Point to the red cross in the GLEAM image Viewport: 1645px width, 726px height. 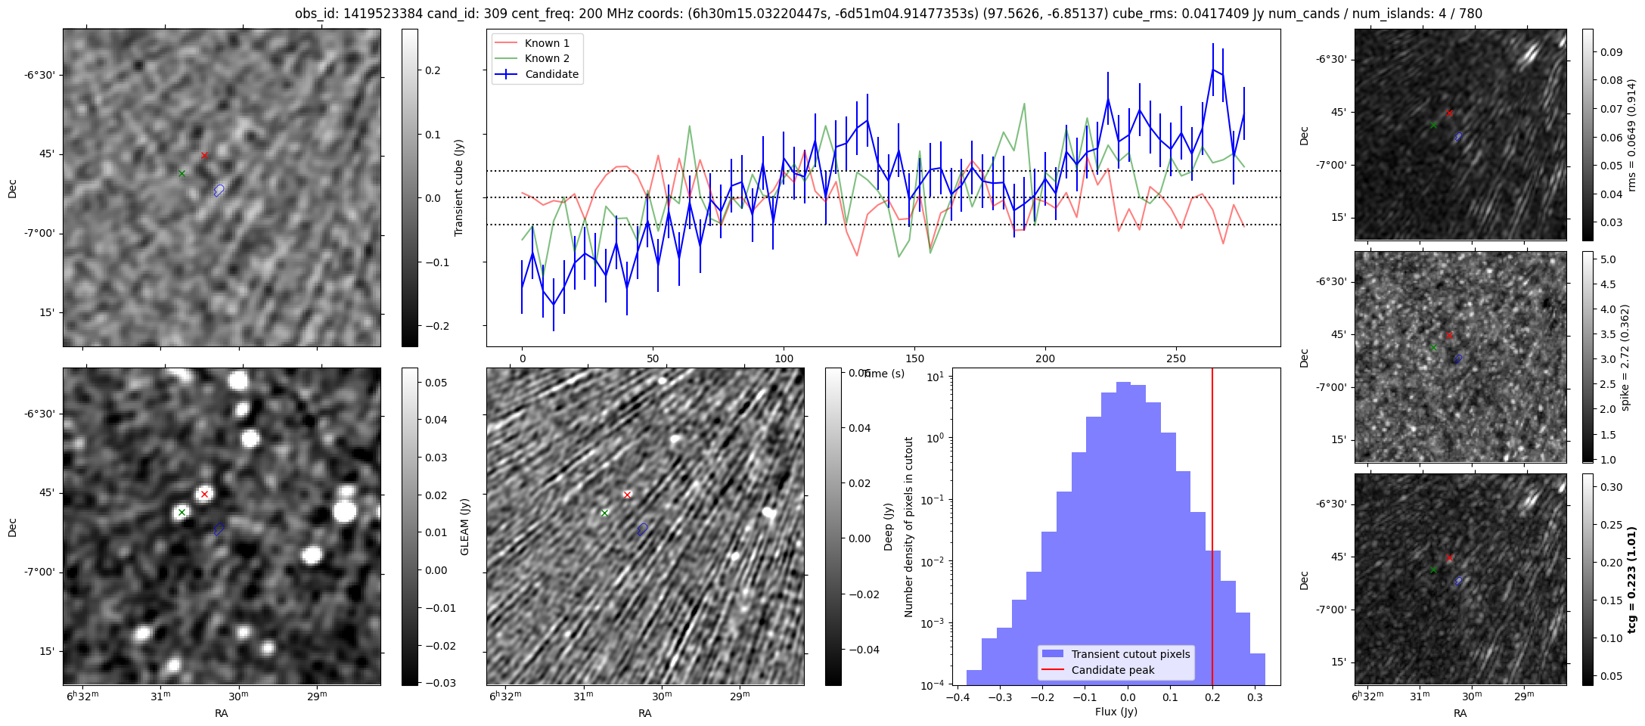pyautogui.click(x=204, y=495)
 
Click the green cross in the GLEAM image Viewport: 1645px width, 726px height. pyautogui.click(x=182, y=513)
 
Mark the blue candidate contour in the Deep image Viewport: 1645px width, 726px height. pyautogui.click(x=642, y=529)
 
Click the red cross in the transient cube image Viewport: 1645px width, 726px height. pyautogui.click(x=204, y=156)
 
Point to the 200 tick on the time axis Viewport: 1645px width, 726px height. pyautogui.click(x=1045, y=358)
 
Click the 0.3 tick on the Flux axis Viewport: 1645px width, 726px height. pyautogui.click(x=1255, y=698)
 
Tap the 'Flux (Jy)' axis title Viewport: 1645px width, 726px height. pyautogui.click(x=1116, y=712)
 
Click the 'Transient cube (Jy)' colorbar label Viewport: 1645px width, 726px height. pyautogui.click(x=458, y=188)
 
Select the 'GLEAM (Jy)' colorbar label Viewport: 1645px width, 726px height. pyautogui.click(x=464, y=526)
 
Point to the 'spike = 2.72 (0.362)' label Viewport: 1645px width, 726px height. pyautogui.click(x=1626, y=357)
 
